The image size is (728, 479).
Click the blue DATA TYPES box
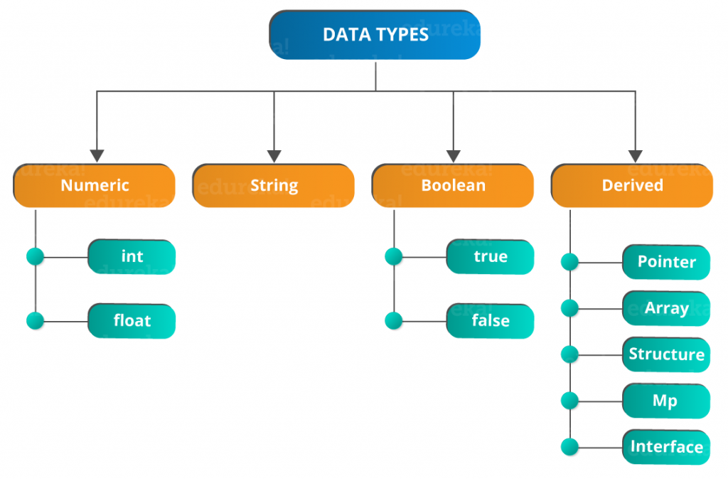(x=375, y=35)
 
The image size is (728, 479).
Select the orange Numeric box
(x=95, y=185)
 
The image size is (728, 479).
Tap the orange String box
(x=274, y=185)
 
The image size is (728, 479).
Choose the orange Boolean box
(x=453, y=185)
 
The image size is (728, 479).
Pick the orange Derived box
(x=632, y=185)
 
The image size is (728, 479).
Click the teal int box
(x=132, y=257)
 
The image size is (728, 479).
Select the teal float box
(x=132, y=321)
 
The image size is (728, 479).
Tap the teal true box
(x=491, y=257)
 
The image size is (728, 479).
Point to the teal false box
(x=491, y=321)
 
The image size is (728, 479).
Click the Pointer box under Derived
(x=666, y=262)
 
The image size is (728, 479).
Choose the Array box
(x=666, y=308)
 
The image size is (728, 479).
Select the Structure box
(x=666, y=354)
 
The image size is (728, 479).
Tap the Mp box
(x=666, y=401)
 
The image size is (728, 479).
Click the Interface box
(x=666, y=447)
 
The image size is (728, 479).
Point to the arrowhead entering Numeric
(x=97, y=156)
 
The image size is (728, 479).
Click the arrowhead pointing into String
(x=274, y=156)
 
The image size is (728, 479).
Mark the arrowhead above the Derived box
(x=635, y=156)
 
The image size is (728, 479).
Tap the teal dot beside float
(x=36, y=320)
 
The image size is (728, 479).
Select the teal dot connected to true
(x=394, y=256)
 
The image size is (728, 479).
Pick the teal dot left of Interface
(x=569, y=447)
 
